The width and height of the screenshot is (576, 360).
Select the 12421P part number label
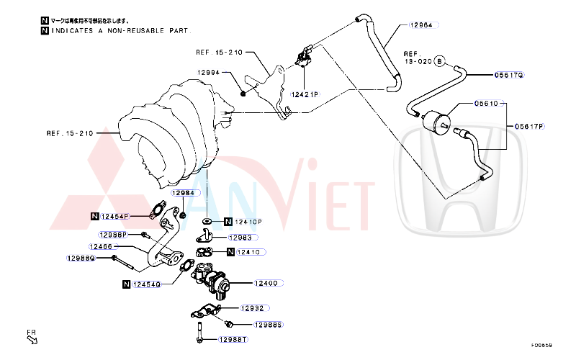point(305,94)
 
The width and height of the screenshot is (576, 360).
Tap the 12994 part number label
point(208,73)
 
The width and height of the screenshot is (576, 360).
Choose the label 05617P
point(530,127)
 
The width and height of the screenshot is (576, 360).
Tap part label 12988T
point(233,339)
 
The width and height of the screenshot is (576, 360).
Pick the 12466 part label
point(102,246)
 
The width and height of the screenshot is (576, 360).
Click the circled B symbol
point(440,62)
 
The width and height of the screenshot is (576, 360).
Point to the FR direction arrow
point(32,337)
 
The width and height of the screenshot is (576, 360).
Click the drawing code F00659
point(541,346)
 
